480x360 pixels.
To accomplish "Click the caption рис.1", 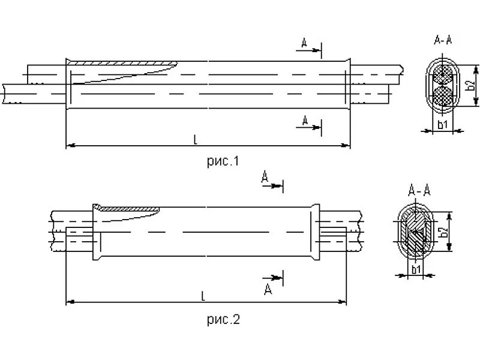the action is [223, 161].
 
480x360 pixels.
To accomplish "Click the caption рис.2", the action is [223, 319].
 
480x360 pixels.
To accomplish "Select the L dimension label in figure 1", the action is [196, 140].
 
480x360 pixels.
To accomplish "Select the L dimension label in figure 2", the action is [203, 296].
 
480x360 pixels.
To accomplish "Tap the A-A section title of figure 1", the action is [443, 40].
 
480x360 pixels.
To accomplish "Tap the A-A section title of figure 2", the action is [419, 190].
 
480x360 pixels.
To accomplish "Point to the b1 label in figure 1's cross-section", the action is [443, 124].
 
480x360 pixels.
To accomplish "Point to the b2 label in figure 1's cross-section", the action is [471, 85].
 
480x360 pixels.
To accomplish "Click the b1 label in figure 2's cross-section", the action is [416, 269].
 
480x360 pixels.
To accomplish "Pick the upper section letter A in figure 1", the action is [304, 43].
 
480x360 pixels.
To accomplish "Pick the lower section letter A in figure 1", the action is [305, 121].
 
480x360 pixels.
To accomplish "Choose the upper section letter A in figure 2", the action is [265, 176].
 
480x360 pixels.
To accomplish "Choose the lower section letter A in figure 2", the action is [268, 289].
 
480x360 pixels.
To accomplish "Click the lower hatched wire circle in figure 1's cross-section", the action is [443, 95].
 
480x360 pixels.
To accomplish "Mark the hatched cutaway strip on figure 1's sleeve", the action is [122, 63].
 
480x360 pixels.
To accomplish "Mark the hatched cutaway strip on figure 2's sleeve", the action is [129, 209].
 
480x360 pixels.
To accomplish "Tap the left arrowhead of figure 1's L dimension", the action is [70, 146].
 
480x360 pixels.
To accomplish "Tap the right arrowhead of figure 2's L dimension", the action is [342, 302].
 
